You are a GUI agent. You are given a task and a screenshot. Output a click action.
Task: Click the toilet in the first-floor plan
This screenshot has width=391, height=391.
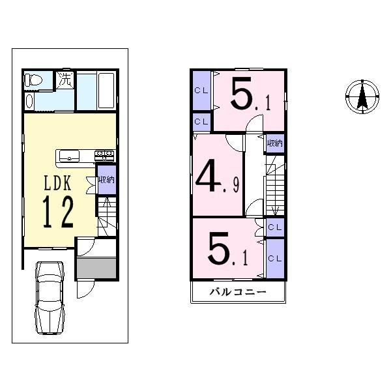(x=33, y=81)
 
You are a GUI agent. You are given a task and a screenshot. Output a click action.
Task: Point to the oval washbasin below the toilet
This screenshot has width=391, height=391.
(x=29, y=102)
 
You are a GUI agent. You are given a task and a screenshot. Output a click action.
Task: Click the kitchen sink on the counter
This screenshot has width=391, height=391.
(x=68, y=156)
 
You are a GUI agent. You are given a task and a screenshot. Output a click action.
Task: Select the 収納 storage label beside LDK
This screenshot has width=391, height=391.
(x=106, y=181)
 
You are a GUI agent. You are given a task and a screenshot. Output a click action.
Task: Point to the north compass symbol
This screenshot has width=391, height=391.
(x=360, y=98)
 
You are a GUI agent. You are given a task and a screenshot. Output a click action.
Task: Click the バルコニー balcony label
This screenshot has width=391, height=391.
(x=237, y=292)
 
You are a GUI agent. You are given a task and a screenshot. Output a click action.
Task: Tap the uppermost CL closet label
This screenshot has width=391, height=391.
(x=201, y=90)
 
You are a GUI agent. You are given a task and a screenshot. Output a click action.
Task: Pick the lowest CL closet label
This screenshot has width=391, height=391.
(x=275, y=258)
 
